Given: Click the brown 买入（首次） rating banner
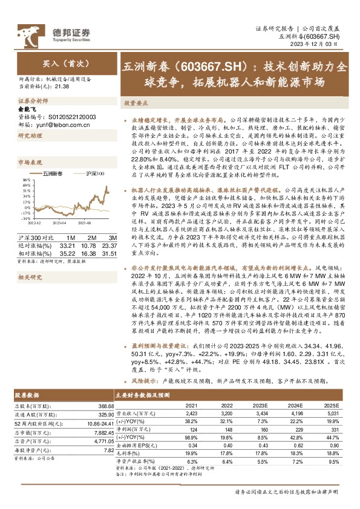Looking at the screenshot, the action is tap(58, 62).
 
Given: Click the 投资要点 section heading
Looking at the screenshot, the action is tap(137, 103).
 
